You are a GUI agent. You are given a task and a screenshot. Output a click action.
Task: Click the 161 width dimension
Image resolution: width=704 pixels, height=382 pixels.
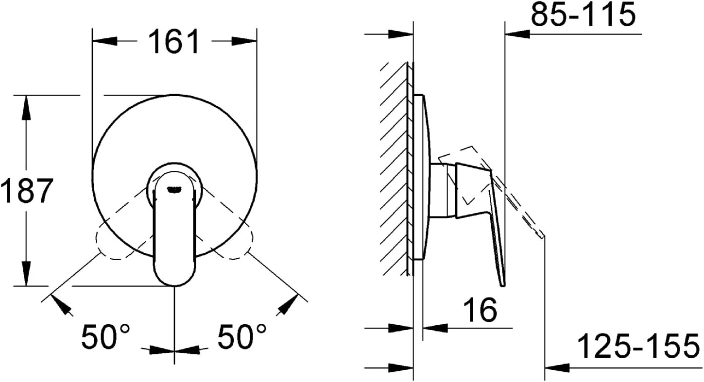coord(174,41)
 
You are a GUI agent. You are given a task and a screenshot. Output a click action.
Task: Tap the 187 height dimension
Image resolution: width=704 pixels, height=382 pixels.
coord(26,191)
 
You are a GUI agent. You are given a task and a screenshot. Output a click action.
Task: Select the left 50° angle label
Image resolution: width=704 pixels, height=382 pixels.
coord(105,337)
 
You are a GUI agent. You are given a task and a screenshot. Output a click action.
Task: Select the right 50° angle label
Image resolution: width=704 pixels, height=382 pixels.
coord(241,337)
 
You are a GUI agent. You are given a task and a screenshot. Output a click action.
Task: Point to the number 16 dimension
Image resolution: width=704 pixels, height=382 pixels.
coord(480,310)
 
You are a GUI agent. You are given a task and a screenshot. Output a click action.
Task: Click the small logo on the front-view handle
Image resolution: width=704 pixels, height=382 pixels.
coord(174,189)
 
